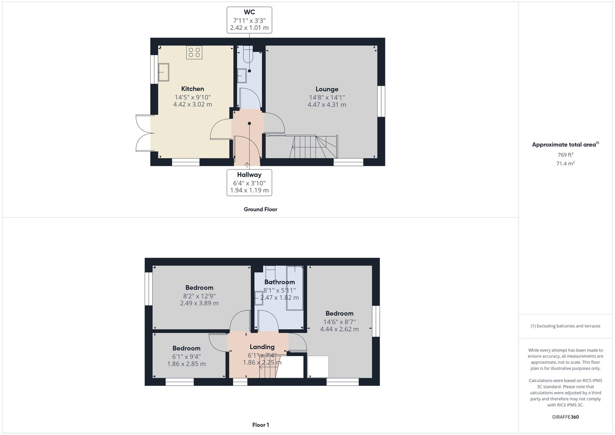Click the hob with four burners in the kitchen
click(194, 52)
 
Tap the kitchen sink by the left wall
click(164, 72)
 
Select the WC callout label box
click(249, 20)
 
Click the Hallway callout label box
click(249, 182)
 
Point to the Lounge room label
click(326, 89)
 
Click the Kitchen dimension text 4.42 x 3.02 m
click(192, 105)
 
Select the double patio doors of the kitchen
click(143, 133)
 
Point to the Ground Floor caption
click(260, 209)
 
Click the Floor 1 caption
click(260, 425)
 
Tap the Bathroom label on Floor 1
click(279, 282)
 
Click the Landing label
click(262, 347)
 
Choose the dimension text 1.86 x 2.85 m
click(187, 364)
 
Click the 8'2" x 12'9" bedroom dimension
click(199, 296)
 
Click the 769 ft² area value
click(565, 154)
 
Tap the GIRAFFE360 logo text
click(565, 417)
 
